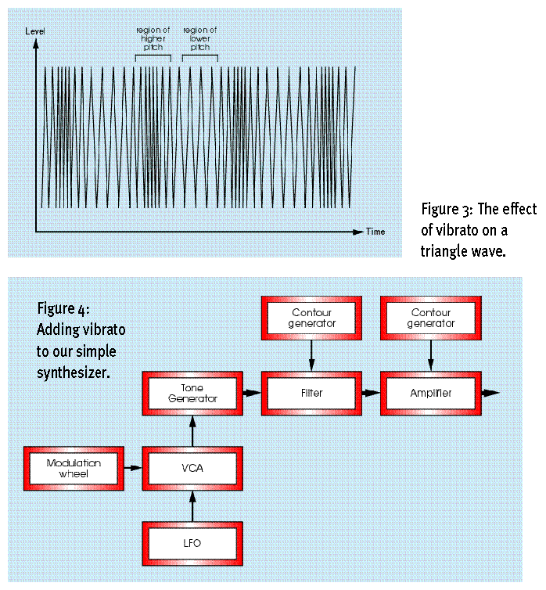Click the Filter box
311,393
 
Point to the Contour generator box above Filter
311,318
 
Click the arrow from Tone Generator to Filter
252,393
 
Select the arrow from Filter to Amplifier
371,393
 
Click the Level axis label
35,30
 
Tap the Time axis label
375,232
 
